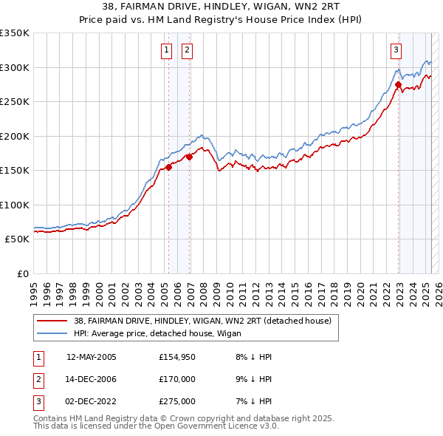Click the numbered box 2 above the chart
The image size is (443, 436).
(187, 50)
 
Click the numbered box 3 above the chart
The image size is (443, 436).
(396, 50)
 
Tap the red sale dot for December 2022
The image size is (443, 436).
(398, 85)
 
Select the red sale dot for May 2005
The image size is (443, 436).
(168, 167)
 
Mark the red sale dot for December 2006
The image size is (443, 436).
(190, 157)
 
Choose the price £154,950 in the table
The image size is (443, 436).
(177, 357)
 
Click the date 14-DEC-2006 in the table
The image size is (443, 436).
(92, 380)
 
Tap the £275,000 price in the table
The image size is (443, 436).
(177, 402)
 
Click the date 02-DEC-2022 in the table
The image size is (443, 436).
(92, 402)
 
